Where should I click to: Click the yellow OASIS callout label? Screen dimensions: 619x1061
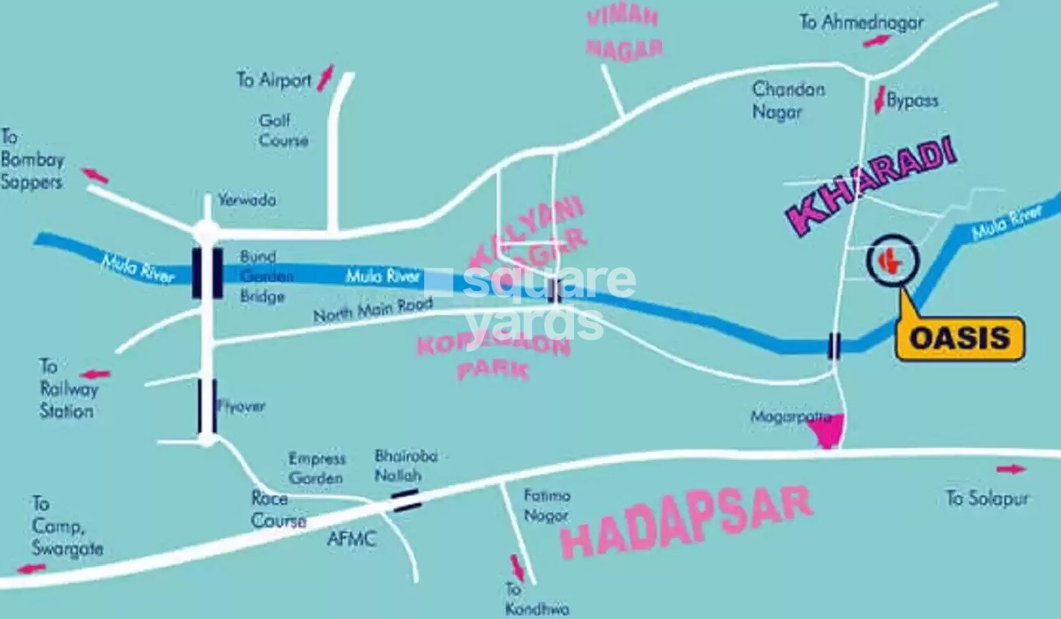pos(960,338)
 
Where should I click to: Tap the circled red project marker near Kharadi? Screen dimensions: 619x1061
pos(892,260)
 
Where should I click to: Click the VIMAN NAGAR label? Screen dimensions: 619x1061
pos(624,33)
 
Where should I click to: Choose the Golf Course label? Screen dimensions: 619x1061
pos(283,130)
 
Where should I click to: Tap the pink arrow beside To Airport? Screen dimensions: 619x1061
pos(326,77)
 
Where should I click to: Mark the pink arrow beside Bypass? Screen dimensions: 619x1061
pos(879,100)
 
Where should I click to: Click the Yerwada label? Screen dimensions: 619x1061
pos(247,200)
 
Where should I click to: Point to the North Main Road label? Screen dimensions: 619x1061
pos(373,310)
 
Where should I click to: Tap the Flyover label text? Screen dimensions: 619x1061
pos(241,406)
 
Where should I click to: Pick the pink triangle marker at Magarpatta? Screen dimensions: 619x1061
pos(829,431)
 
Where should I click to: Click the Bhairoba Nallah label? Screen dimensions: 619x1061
pos(405,465)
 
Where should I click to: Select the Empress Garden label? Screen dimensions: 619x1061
pos(317,468)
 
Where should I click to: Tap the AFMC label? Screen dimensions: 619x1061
pos(352,539)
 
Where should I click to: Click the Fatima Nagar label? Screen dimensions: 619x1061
pos(547,505)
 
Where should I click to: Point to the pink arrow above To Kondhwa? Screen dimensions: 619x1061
pos(517,568)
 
